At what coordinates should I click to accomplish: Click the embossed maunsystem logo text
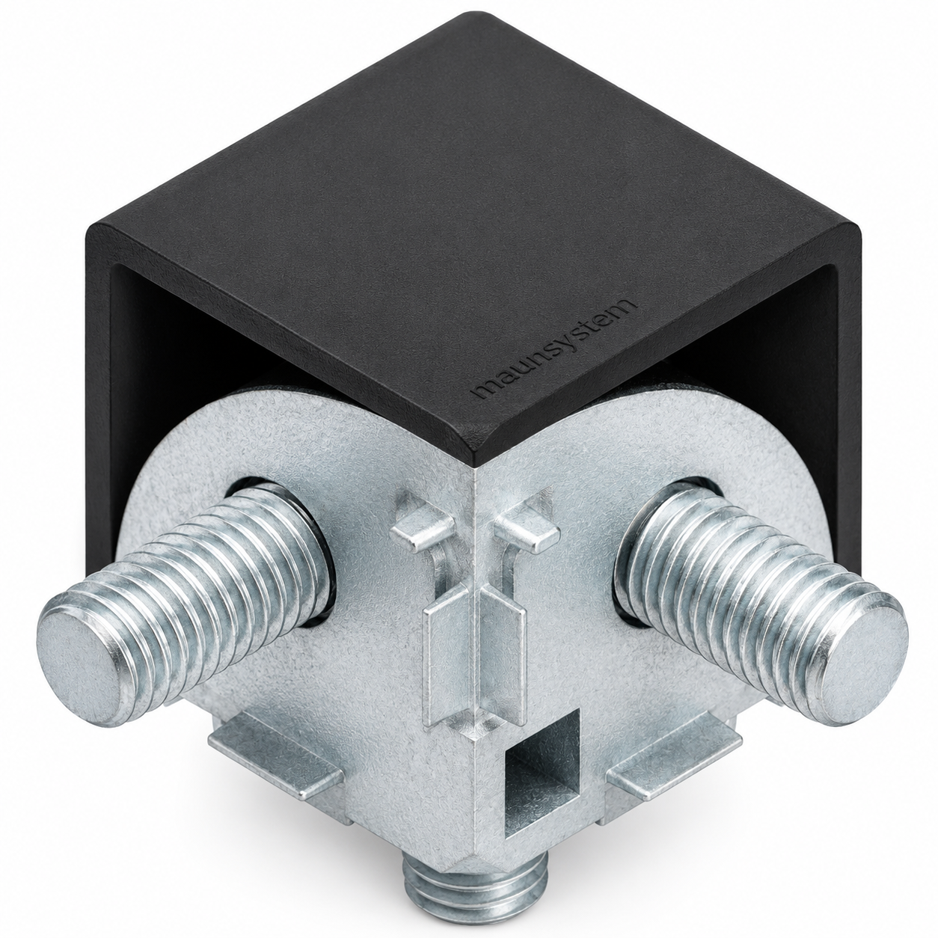pos(556,349)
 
